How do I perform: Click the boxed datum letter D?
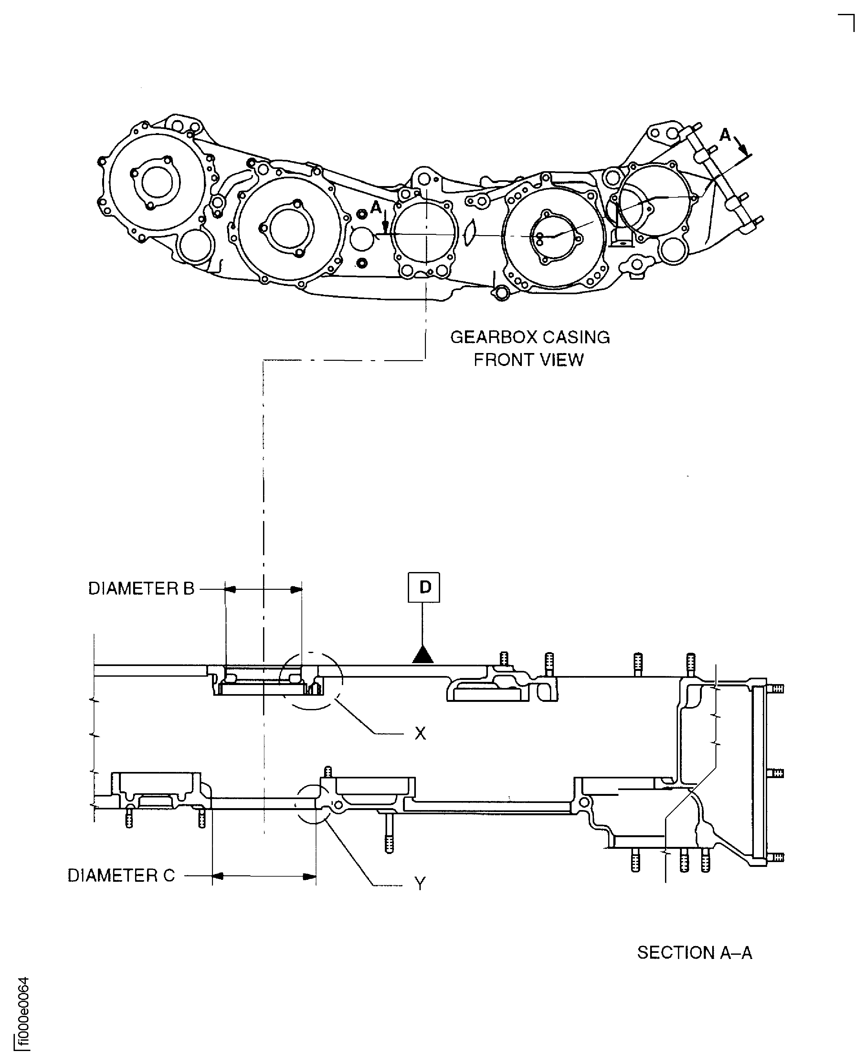click(x=424, y=587)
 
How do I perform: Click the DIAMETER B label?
click(x=141, y=589)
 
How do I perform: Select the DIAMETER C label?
click(x=121, y=876)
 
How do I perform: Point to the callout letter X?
click(x=420, y=734)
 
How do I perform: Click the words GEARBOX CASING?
click(x=530, y=338)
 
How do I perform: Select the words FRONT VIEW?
click(x=528, y=360)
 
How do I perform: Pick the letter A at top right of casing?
click(x=725, y=135)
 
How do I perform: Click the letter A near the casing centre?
click(x=375, y=207)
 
